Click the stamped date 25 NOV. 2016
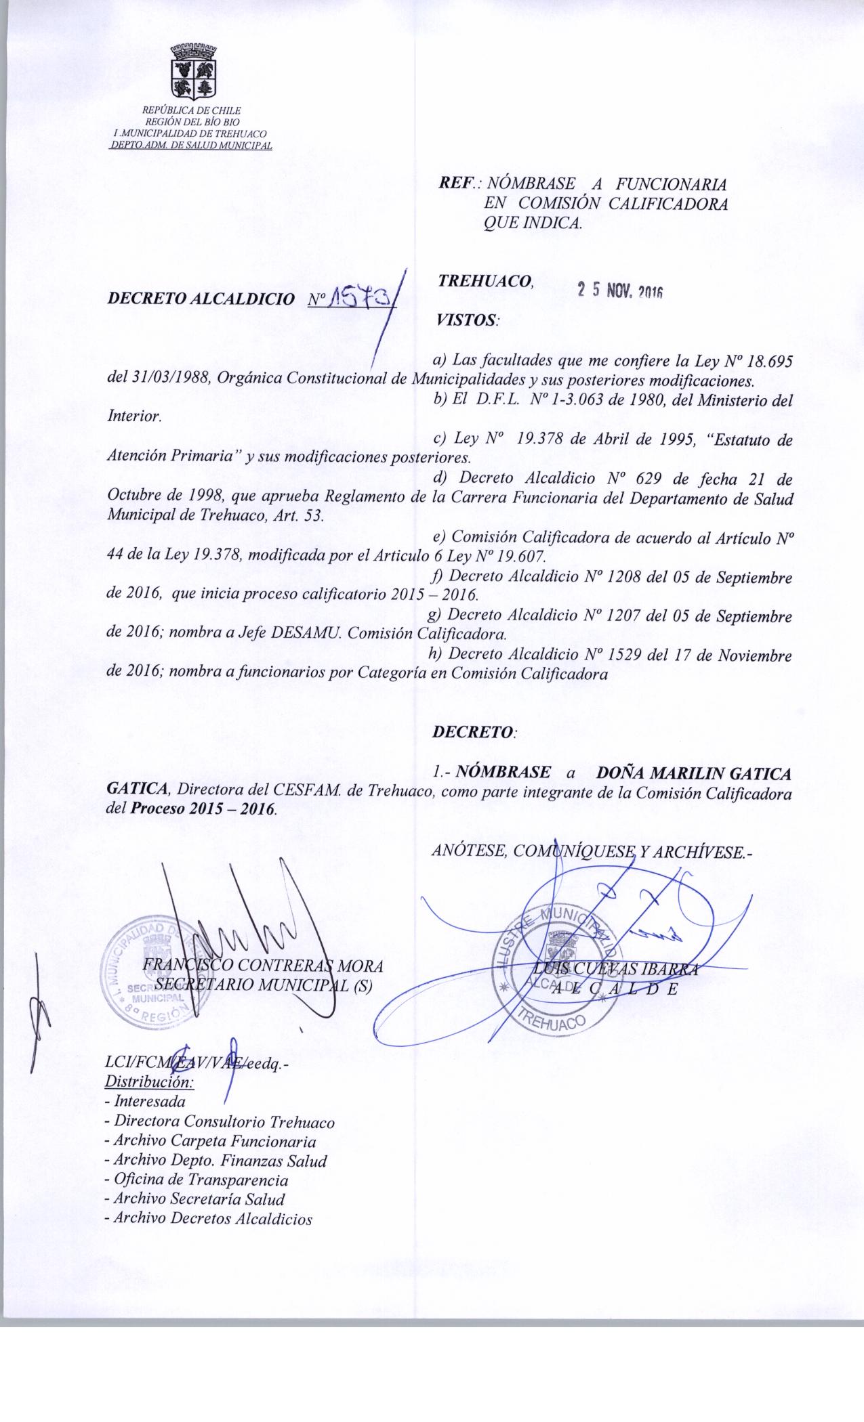tap(619, 290)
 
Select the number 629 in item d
tap(634, 479)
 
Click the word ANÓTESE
tap(470, 850)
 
